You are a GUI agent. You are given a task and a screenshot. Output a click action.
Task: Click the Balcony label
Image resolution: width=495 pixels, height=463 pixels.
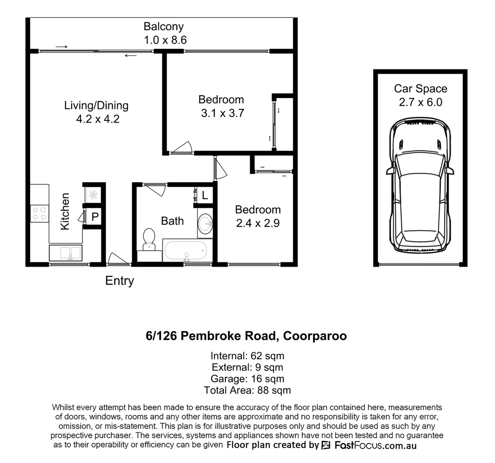click(163, 27)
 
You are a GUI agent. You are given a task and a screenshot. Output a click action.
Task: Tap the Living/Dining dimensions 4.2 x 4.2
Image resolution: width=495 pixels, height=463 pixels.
click(97, 119)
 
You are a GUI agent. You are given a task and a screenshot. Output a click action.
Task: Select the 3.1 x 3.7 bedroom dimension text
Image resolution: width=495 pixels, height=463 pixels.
click(222, 114)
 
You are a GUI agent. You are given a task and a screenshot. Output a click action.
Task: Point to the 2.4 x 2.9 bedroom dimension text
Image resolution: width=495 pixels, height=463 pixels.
click(258, 223)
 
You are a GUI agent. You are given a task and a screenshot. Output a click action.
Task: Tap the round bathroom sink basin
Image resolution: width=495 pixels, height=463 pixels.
click(206, 223)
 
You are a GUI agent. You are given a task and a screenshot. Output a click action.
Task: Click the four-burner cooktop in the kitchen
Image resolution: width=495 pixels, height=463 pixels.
click(39, 213)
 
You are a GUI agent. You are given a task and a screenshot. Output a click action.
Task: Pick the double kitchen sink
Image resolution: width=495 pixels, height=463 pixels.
click(65, 253)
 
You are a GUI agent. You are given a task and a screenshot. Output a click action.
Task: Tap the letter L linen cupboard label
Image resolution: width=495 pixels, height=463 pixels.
click(205, 196)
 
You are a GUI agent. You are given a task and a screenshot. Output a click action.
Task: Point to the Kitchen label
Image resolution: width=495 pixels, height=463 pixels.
click(65, 211)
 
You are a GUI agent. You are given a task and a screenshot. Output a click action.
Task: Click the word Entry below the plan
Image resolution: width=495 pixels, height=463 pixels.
click(120, 281)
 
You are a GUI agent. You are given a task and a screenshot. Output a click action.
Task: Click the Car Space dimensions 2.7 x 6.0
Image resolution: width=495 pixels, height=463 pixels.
click(420, 102)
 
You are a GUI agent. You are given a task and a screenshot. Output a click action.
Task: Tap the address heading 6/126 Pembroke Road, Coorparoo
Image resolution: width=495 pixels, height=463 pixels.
click(246, 336)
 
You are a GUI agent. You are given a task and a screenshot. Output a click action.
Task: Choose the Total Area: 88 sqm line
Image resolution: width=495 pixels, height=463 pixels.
click(247, 390)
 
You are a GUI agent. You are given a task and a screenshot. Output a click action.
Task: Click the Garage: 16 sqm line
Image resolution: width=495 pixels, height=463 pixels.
click(247, 379)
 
